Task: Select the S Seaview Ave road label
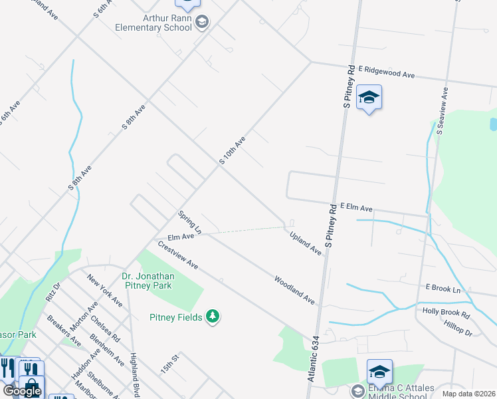443,112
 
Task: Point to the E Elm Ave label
356,207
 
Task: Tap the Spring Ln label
189,222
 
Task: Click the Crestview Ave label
178,255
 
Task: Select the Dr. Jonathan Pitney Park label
148,281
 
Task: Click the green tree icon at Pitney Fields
213,317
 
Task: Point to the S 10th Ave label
233,151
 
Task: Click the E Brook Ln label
443,289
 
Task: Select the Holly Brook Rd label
447,311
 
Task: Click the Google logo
22,391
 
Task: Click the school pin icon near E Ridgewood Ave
369,99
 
